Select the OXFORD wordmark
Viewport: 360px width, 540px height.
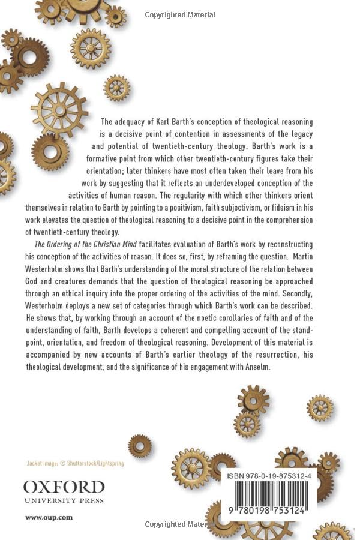point(64,487)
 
